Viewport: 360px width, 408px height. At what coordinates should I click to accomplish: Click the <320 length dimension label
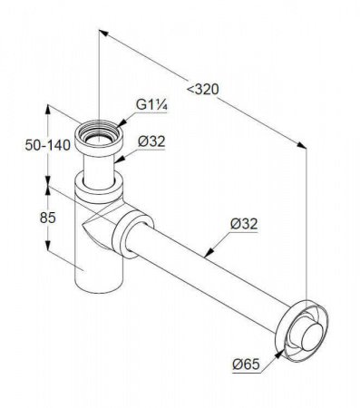point(202,90)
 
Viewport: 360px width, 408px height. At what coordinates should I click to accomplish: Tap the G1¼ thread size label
point(151,105)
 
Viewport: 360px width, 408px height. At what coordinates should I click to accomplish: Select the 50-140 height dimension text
point(47,145)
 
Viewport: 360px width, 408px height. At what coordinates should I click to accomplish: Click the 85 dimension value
point(48,218)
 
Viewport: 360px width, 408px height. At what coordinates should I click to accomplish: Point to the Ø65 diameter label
point(246,364)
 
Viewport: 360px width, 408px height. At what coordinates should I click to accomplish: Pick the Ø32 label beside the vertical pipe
point(151,141)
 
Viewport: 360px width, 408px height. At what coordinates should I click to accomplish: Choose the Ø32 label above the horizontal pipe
point(244,224)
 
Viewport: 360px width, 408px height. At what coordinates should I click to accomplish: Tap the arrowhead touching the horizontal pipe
point(209,253)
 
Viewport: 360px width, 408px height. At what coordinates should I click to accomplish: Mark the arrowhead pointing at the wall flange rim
point(280,353)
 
